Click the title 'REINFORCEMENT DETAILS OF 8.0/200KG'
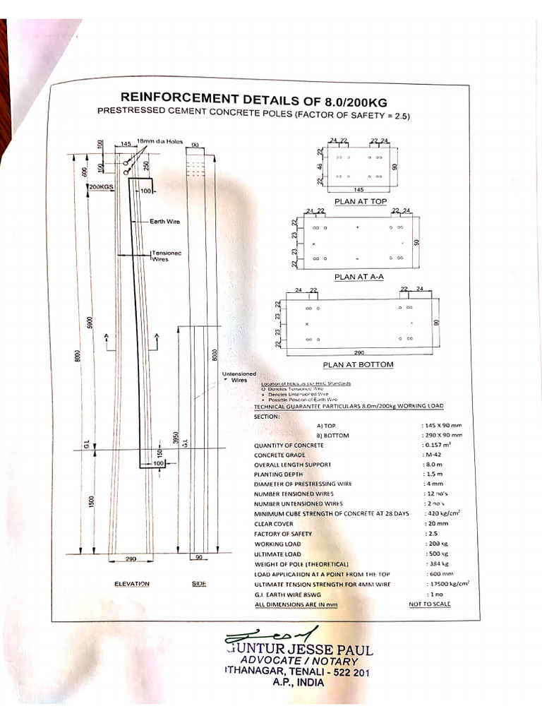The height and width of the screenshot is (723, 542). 254,97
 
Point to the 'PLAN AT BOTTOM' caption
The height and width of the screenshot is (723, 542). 358,364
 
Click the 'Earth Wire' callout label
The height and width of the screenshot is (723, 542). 164,222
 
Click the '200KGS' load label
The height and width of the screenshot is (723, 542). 102,186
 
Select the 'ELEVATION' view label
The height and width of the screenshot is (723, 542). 132,584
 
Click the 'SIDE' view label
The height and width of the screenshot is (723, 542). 199,584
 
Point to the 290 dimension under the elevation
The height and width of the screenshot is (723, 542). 131,558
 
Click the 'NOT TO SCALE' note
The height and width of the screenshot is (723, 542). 429,604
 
